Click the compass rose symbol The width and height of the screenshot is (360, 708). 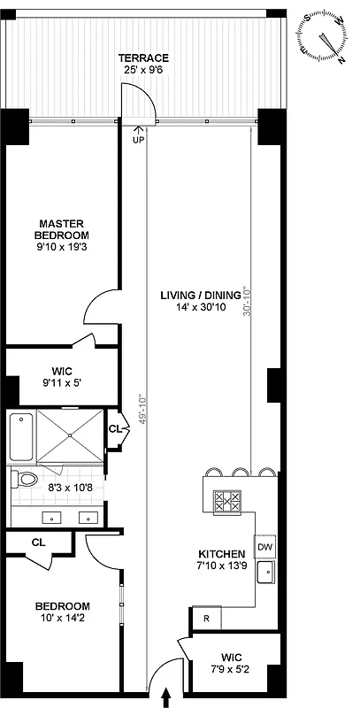coord(326,38)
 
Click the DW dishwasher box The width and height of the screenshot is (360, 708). coord(265,547)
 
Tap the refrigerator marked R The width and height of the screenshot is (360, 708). coord(206,619)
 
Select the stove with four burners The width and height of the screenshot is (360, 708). coord(227,503)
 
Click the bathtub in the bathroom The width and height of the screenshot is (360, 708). coord(20,438)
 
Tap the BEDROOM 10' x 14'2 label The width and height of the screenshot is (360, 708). coord(62,612)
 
